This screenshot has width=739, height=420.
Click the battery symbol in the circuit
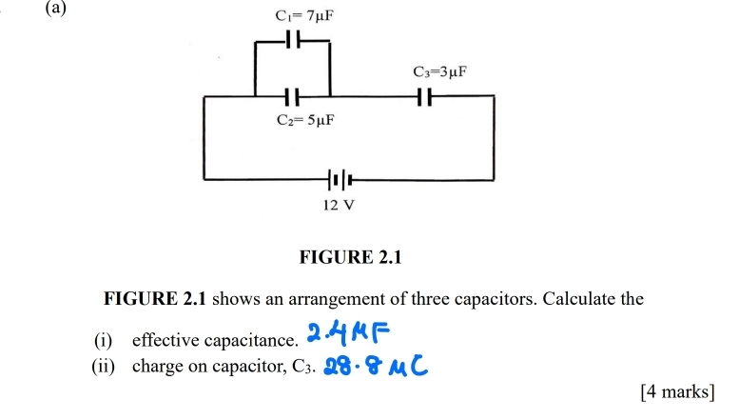340,178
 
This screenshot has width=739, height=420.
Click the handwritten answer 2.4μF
349,333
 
